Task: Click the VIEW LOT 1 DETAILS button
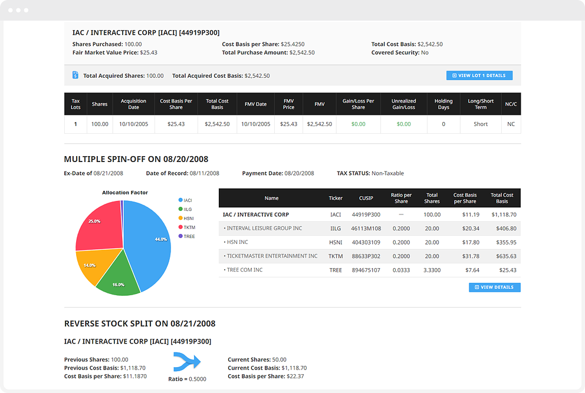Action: [x=479, y=75]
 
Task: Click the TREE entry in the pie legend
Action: [x=186, y=236]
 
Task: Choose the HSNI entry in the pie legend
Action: [x=186, y=219]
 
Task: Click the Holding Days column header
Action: [x=443, y=104]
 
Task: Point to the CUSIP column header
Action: [x=366, y=198]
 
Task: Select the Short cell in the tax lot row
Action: [x=481, y=124]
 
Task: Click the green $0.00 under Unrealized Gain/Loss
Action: [x=404, y=124]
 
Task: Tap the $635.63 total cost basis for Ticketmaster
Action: [x=507, y=256]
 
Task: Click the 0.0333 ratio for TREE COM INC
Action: [x=401, y=270]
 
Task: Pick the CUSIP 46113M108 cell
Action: [x=366, y=228]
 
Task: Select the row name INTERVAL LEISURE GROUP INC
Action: [x=265, y=228]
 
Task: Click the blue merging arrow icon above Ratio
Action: [x=187, y=361]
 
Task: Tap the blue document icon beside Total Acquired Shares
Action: [x=75, y=75]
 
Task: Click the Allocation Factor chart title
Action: [x=125, y=193]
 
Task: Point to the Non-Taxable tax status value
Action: [x=387, y=173]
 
